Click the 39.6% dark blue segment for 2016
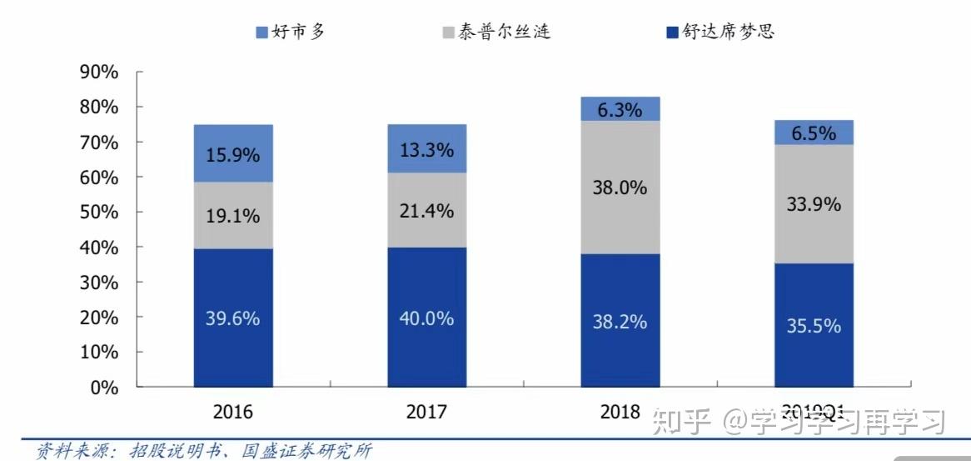tap(233, 318)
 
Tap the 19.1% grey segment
tap(233, 215)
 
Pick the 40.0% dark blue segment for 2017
tap(426, 318)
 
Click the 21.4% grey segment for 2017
tap(426, 211)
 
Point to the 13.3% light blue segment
tap(426, 149)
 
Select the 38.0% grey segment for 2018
tap(620, 188)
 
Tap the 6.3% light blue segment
tap(620, 109)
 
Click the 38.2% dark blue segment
tap(620, 321)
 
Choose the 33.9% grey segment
tap(813, 203)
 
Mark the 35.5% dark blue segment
tap(813, 325)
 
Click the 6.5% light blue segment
tap(813, 132)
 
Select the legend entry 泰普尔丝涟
tap(496, 32)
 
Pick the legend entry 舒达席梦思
tap(721, 32)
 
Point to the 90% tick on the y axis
tap(98, 73)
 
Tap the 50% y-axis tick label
tap(98, 213)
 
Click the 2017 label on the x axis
tap(426, 412)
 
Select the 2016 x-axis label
tap(233, 412)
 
